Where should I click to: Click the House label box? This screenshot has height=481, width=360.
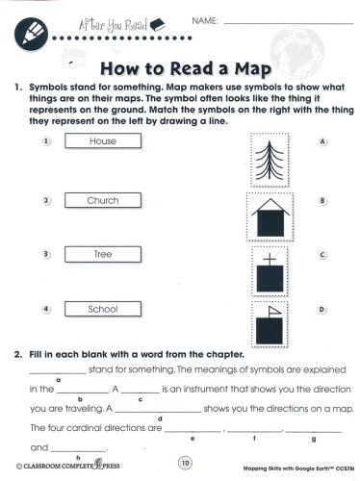(103, 140)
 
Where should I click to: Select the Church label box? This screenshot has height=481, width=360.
(103, 200)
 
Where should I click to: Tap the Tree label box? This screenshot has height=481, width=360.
(103, 254)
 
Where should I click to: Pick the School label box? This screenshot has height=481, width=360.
(103, 309)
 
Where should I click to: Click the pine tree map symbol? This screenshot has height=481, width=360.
(270, 160)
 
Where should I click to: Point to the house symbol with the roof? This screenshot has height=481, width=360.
(270, 217)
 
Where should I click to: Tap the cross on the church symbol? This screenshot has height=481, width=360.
(270, 259)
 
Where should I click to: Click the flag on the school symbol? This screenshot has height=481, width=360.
(274, 311)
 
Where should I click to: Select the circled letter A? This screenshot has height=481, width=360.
(322, 141)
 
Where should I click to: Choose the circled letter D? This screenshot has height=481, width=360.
(321, 310)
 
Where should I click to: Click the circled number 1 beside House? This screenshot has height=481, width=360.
(46, 141)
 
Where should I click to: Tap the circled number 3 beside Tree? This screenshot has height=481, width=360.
(46, 254)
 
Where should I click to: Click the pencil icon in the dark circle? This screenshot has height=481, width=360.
(31, 34)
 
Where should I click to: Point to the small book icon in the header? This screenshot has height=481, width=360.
(157, 25)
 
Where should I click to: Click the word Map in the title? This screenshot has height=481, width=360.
(253, 69)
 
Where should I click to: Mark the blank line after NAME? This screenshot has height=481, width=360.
(289, 23)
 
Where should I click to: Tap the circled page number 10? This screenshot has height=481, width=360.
(185, 463)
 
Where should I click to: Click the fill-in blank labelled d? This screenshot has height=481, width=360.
(158, 412)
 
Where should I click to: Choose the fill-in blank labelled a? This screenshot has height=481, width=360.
(58, 373)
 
